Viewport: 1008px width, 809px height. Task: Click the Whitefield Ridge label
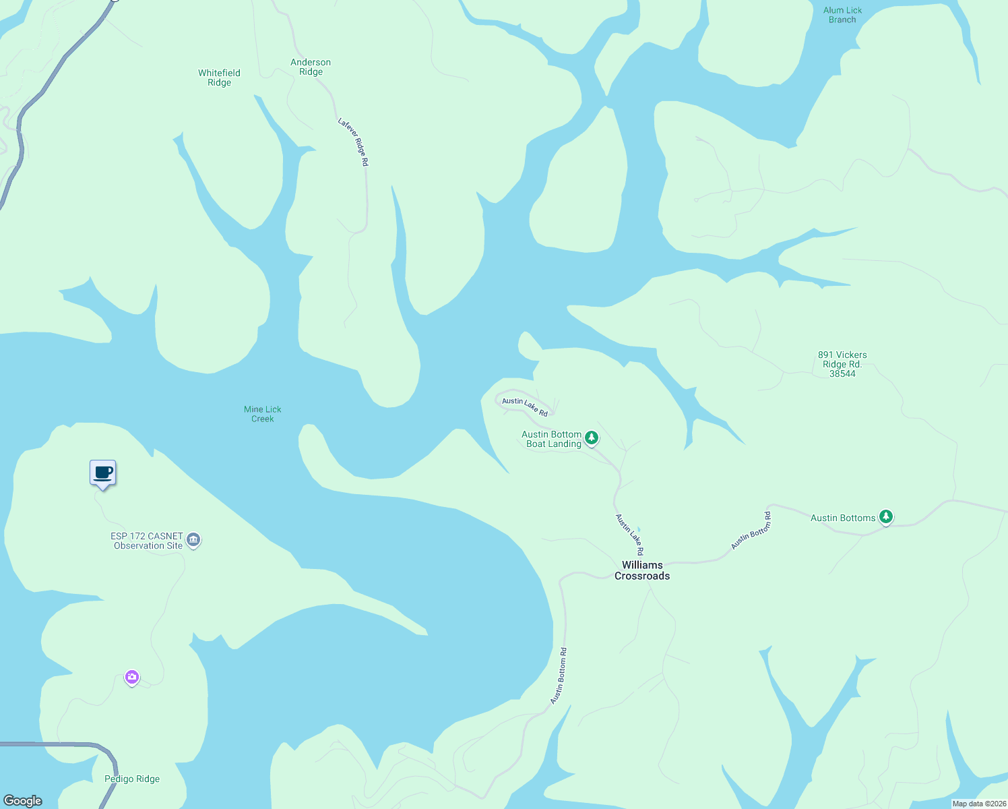[219, 78]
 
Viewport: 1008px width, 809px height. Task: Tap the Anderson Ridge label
[311, 67]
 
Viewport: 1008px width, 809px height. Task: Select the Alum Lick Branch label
[842, 15]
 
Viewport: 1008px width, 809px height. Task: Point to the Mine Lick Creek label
[263, 414]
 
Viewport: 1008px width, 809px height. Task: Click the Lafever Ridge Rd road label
[354, 142]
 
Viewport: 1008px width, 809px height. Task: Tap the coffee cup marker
[103, 473]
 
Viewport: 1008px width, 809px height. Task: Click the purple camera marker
[132, 677]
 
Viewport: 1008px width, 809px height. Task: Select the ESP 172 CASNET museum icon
[193, 540]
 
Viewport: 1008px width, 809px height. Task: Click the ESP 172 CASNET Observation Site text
[148, 541]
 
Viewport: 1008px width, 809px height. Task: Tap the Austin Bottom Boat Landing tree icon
[592, 438]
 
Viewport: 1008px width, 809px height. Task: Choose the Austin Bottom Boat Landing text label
[552, 439]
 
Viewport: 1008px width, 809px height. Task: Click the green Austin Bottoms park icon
[886, 517]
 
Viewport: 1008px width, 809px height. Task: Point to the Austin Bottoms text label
[843, 518]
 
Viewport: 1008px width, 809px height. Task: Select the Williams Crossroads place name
[642, 570]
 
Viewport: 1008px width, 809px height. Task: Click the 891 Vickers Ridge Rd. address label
[842, 364]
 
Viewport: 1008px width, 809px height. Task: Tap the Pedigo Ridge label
[132, 779]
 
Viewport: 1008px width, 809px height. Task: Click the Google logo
[23, 800]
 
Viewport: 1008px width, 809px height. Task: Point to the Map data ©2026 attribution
[979, 804]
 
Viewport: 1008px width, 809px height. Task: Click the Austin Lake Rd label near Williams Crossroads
[630, 535]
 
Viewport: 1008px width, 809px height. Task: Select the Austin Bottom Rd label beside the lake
[559, 676]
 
